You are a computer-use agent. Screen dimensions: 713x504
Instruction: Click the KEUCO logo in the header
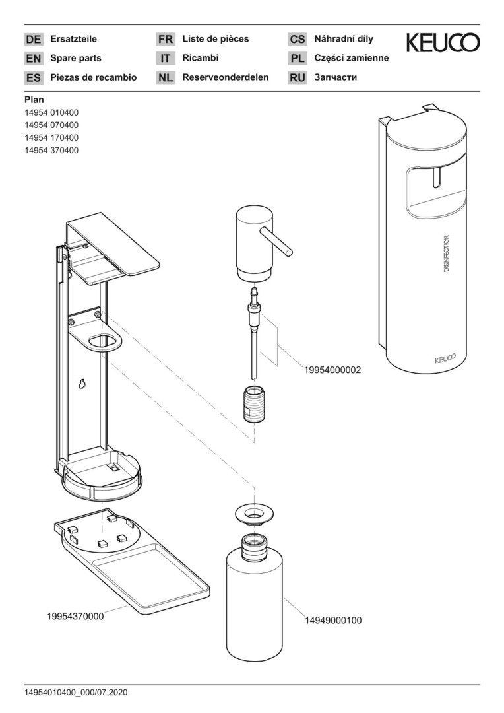443,43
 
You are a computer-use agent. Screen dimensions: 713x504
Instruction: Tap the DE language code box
33,39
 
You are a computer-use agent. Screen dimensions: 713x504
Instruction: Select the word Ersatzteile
74,39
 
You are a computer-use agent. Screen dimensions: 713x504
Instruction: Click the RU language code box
298,77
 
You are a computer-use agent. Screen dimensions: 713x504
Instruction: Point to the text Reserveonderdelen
226,77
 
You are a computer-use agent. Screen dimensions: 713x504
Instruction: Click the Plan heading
34,100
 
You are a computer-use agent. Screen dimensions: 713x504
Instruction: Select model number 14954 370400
51,150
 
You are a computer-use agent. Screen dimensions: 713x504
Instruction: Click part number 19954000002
332,371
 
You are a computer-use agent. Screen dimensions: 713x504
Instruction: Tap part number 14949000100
332,621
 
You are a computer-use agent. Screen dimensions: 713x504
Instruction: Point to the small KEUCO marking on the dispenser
445,360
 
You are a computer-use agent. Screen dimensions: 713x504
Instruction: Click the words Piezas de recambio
94,77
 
